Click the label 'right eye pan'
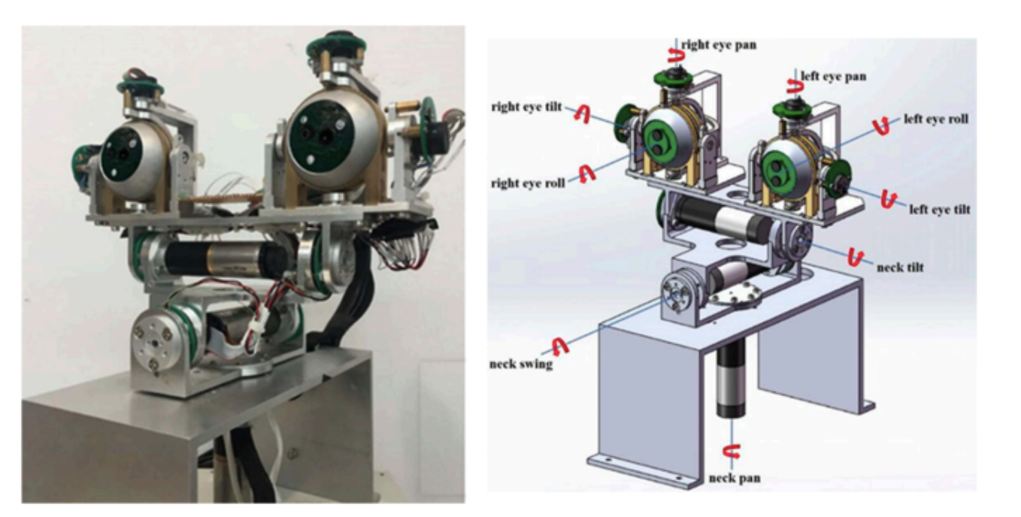tap(719, 45)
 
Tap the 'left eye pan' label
tap(833, 76)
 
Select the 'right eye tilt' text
tap(526, 107)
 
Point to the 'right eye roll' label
tap(527, 183)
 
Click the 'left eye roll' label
tap(936, 119)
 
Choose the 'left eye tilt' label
tap(939, 209)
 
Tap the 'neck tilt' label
tap(900, 267)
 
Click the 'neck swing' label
tap(520, 364)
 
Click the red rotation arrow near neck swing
tap(559, 345)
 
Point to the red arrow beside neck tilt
tap(854, 257)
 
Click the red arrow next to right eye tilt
tap(580, 113)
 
